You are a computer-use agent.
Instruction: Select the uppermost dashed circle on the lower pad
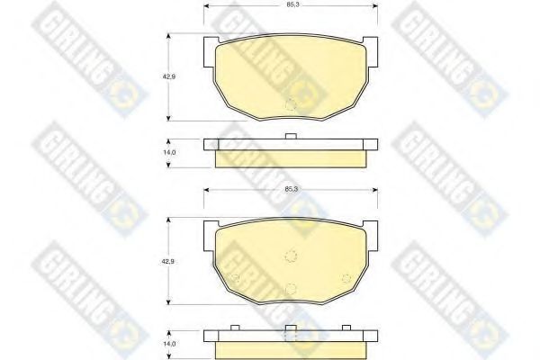click(x=290, y=254)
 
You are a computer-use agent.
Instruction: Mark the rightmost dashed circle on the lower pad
click(x=346, y=277)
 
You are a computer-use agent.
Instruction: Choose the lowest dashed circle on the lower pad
click(x=290, y=288)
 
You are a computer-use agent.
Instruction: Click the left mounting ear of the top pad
click(x=211, y=41)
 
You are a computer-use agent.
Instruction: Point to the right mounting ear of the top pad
click(x=369, y=41)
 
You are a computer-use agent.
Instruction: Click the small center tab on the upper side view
click(x=290, y=137)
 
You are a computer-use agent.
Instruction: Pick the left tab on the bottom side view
click(x=232, y=327)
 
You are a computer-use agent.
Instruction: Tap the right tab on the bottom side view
click(x=347, y=327)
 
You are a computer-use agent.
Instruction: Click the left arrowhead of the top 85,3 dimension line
click(x=208, y=6)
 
